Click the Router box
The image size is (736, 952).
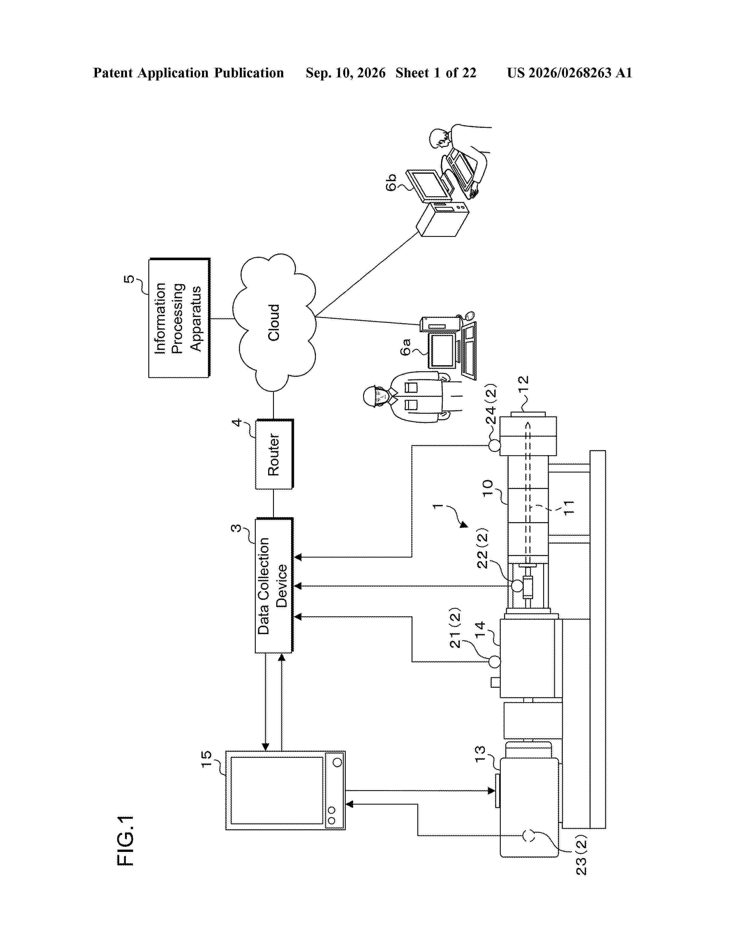coord(274,454)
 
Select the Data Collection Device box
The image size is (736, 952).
coord(274,585)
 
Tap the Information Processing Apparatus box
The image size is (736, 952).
coord(179,318)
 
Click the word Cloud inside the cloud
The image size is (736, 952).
coord(273,323)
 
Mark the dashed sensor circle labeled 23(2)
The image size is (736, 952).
coord(529,836)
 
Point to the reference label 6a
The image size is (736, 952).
coord(406,347)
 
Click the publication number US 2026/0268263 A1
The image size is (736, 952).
coord(569,73)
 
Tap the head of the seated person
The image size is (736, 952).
coord(438,138)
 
